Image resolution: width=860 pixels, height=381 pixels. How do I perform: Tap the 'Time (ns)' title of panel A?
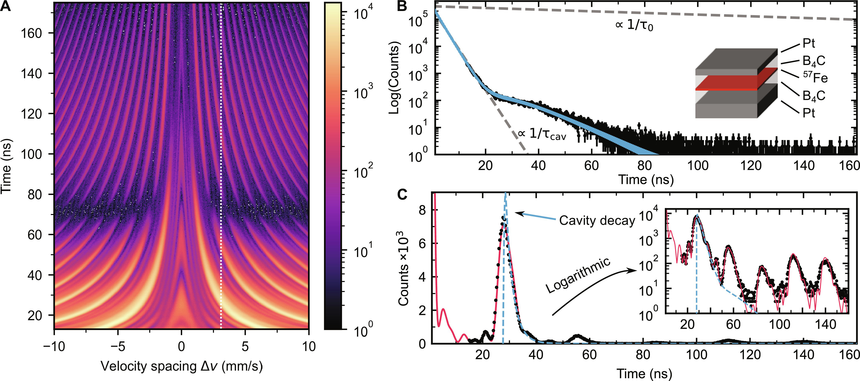[6, 166]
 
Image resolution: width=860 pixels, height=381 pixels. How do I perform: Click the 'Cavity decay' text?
[597, 221]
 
